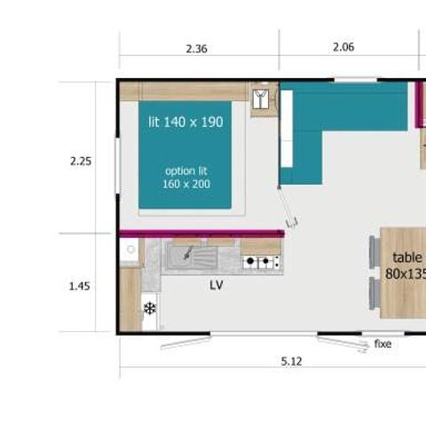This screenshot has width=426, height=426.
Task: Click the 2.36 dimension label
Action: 196,49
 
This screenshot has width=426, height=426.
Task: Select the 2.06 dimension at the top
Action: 343,48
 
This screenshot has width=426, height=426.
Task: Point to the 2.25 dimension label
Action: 81,162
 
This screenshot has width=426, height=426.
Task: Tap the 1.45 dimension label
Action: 81,286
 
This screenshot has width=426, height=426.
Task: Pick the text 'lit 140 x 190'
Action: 185,121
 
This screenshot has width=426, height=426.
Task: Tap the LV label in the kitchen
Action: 216,286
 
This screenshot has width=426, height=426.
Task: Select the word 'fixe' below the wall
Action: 383,343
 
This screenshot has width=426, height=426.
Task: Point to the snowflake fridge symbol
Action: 150,309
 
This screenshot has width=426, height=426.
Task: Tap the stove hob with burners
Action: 261,262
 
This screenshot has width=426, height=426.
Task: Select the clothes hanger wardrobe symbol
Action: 262,99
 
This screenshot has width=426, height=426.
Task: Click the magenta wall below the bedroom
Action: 201,233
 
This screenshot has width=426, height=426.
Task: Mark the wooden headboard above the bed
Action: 183,91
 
